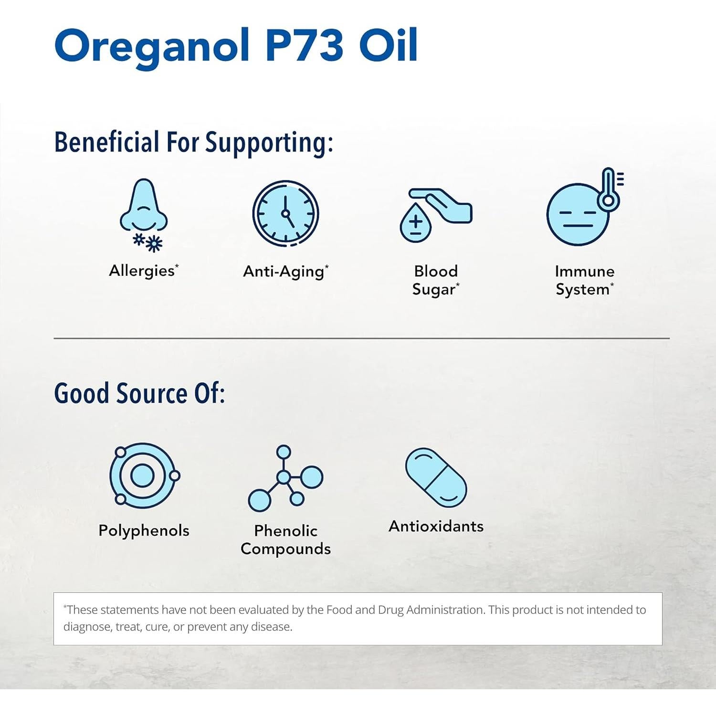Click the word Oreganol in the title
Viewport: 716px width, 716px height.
[x=152, y=46]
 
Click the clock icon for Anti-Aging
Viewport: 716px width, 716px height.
[x=285, y=213]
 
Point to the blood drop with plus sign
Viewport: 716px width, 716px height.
[x=415, y=223]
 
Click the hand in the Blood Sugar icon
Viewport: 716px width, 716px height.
[x=446, y=205]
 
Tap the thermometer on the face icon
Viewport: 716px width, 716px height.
[x=609, y=189]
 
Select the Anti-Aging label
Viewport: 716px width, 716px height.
[x=285, y=272]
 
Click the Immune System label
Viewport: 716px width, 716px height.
[x=584, y=280]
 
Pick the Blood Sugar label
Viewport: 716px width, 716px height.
[x=435, y=280]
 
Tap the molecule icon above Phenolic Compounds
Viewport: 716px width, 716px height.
[x=285, y=478]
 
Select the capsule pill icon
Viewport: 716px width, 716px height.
[x=436, y=477]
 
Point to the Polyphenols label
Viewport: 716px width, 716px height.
[x=144, y=530]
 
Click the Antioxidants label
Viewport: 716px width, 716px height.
[x=436, y=526]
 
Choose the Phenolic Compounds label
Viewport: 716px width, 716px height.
[x=285, y=540]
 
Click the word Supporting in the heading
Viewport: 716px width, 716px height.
[x=269, y=143]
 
